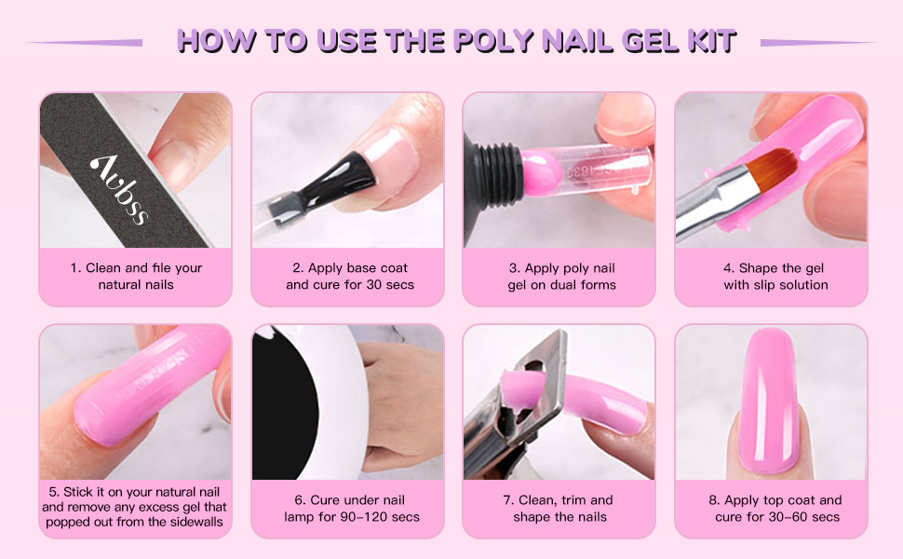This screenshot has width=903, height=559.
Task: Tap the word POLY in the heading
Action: (x=501, y=41)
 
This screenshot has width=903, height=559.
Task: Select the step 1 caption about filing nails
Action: (x=136, y=276)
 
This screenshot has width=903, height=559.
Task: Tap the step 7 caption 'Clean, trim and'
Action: (x=559, y=500)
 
